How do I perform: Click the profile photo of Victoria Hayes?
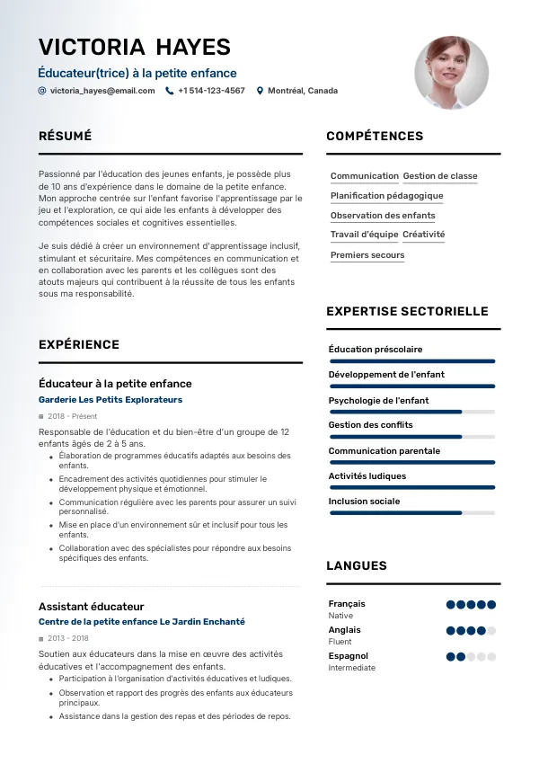(x=451, y=74)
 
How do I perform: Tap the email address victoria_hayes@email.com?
(x=102, y=91)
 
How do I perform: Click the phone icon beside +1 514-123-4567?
(x=169, y=91)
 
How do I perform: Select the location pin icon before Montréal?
(x=260, y=91)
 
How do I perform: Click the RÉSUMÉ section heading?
(x=65, y=136)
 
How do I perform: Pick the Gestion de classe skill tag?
(x=440, y=176)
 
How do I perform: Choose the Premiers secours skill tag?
(x=367, y=255)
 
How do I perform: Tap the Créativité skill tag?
(x=424, y=235)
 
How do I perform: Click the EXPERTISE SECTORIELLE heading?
(x=407, y=311)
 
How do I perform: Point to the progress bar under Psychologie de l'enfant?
(x=411, y=412)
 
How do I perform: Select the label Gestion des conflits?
(x=371, y=425)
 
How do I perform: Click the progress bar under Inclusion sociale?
(x=411, y=512)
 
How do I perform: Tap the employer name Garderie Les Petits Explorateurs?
(x=110, y=399)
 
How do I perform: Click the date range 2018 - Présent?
(x=73, y=416)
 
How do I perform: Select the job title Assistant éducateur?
(x=91, y=607)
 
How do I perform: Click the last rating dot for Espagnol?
(x=491, y=657)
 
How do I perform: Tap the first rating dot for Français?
(x=451, y=605)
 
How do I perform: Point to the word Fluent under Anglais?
(x=340, y=642)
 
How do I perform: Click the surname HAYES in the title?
(x=193, y=47)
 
